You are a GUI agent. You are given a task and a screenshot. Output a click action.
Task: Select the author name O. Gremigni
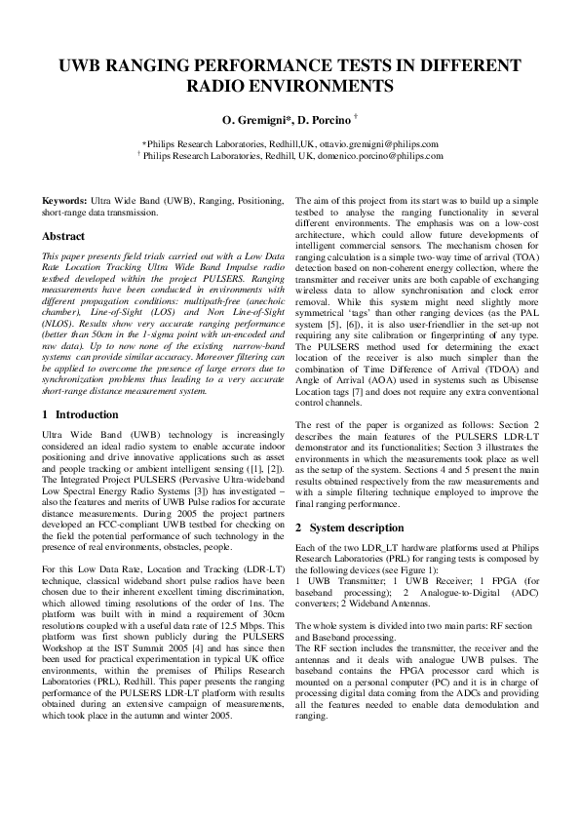click(257, 121)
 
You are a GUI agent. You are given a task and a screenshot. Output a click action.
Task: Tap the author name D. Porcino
click(326, 121)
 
